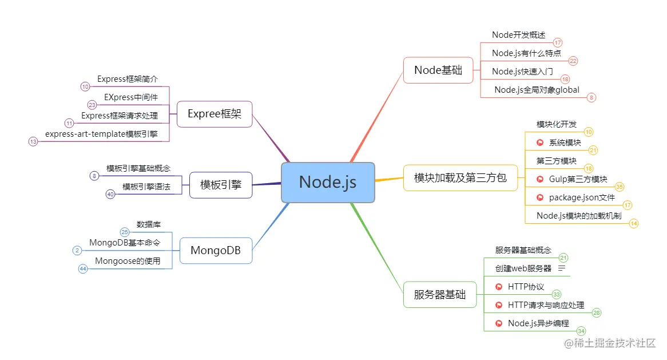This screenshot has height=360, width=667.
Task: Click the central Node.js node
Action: [x=328, y=182]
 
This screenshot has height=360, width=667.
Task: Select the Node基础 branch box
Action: [x=438, y=70]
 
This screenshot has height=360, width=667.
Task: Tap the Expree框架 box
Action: [x=215, y=114]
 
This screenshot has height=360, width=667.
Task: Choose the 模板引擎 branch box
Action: [x=221, y=185]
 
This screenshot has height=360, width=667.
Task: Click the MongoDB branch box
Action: [x=216, y=251]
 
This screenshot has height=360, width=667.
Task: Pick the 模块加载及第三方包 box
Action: [x=460, y=177]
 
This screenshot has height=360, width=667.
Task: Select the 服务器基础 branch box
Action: [x=440, y=295]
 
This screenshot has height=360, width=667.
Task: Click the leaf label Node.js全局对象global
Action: [x=537, y=90]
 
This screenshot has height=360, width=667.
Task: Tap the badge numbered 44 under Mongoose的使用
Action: [x=83, y=268]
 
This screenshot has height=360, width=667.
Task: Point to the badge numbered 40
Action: [x=111, y=194]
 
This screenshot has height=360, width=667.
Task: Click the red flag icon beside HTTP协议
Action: [x=498, y=287]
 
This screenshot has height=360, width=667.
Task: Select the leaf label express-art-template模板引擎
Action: [x=101, y=134]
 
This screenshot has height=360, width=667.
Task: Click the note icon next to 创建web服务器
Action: [x=562, y=268]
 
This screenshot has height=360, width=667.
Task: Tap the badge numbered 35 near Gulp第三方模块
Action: [x=619, y=187]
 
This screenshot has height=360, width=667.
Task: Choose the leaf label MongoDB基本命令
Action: [x=125, y=243]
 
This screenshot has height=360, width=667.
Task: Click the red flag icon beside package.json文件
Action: [x=539, y=197]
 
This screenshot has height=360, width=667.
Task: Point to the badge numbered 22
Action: [x=573, y=61]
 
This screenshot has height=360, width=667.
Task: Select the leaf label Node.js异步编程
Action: [x=538, y=323]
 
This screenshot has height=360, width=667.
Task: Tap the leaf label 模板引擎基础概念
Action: [x=138, y=168]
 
